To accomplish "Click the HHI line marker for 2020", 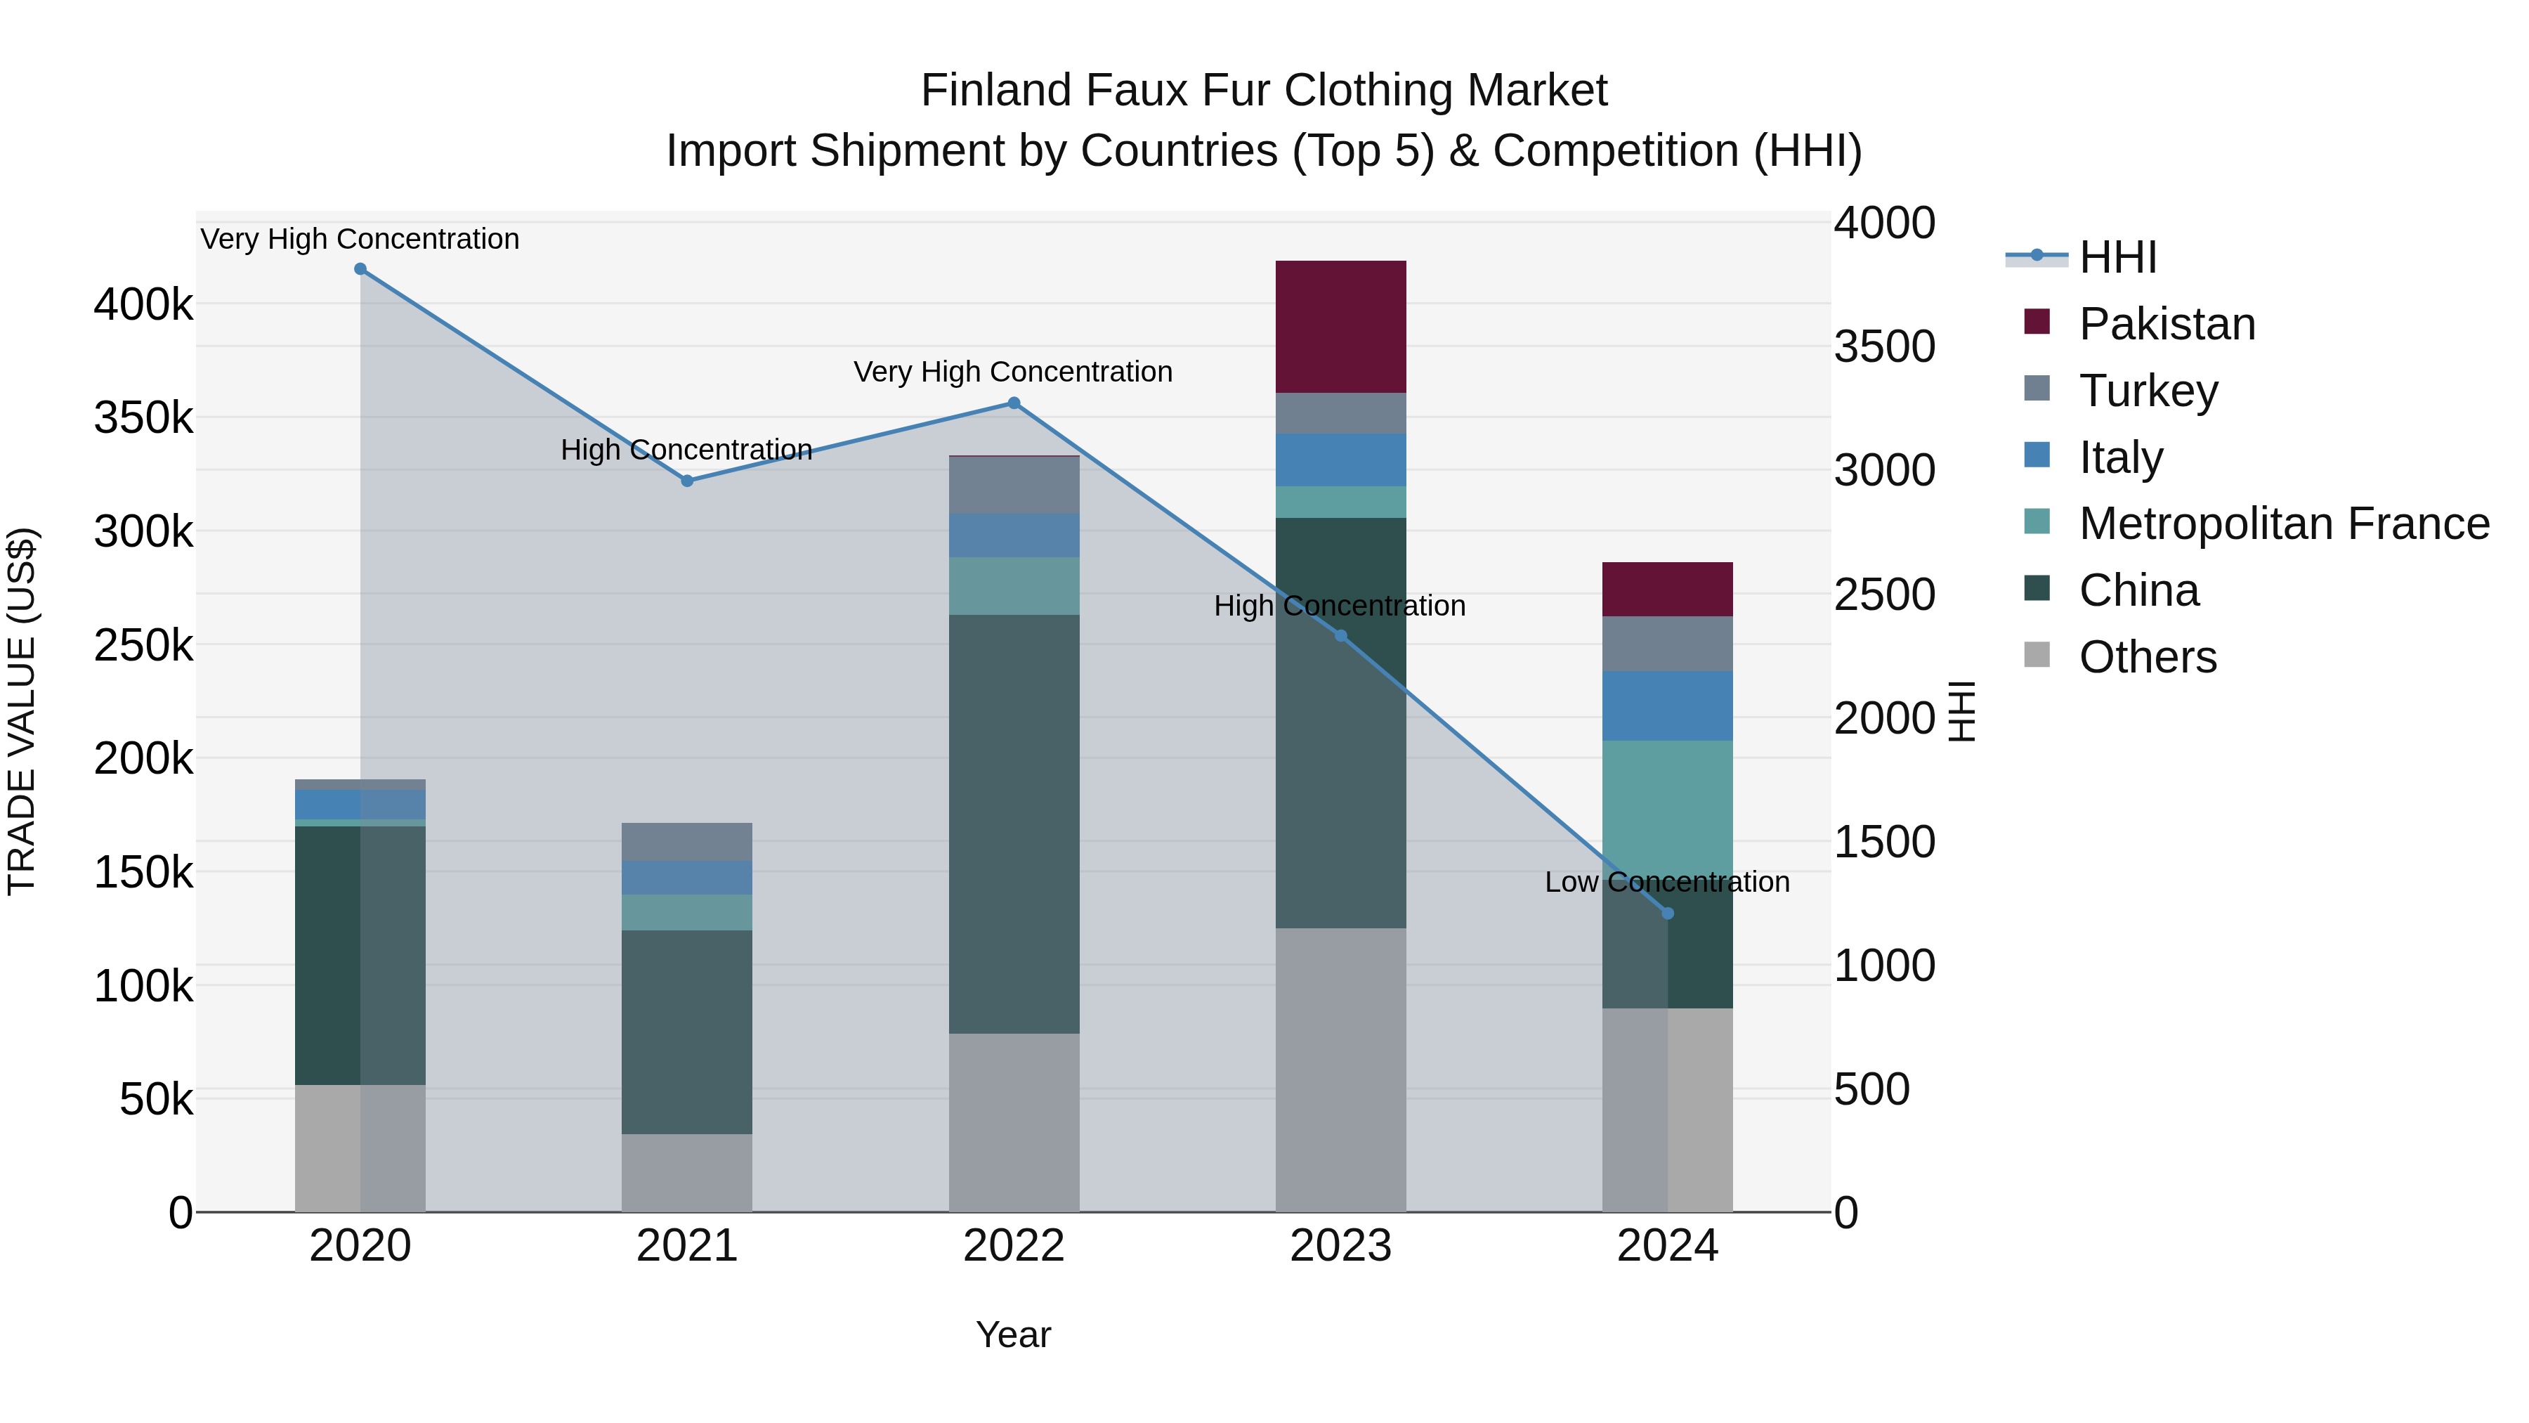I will point(360,269).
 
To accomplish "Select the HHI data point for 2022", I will point(1014,403).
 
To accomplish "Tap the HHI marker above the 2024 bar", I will point(1667,914).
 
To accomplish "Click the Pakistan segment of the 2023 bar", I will point(1340,327).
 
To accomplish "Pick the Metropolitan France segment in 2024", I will point(1667,805).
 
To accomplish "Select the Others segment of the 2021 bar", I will point(686,1173).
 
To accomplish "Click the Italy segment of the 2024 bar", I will point(1667,706).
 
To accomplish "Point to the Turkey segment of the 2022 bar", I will point(1014,485).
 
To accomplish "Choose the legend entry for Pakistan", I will point(2167,324).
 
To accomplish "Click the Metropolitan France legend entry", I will point(2284,524).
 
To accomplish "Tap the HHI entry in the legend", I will point(2117,257).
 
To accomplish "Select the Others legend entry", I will point(2147,657).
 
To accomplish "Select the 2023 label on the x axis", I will point(1340,1246).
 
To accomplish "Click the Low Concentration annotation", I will point(1667,882).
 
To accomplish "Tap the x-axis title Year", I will point(1013,1334).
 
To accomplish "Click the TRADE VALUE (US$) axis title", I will point(22,711).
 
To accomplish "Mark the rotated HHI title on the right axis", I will point(1961,711).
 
